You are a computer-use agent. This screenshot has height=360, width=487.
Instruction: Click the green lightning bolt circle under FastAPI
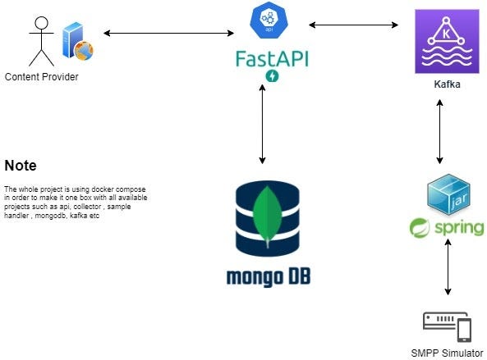pos(272,76)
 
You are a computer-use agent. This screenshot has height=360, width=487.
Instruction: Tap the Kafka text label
pos(445,84)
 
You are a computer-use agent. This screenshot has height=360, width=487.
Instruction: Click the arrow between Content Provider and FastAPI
pos(168,33)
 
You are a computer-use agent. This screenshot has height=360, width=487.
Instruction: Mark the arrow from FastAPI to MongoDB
pos(262,123)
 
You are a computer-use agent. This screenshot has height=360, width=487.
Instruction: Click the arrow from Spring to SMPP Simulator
pos(448,268)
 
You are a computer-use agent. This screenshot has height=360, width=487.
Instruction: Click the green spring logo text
pos(448,227)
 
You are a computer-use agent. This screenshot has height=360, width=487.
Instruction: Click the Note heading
pos(21,164)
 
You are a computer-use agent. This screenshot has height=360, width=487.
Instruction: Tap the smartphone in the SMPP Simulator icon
pos(463,330)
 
